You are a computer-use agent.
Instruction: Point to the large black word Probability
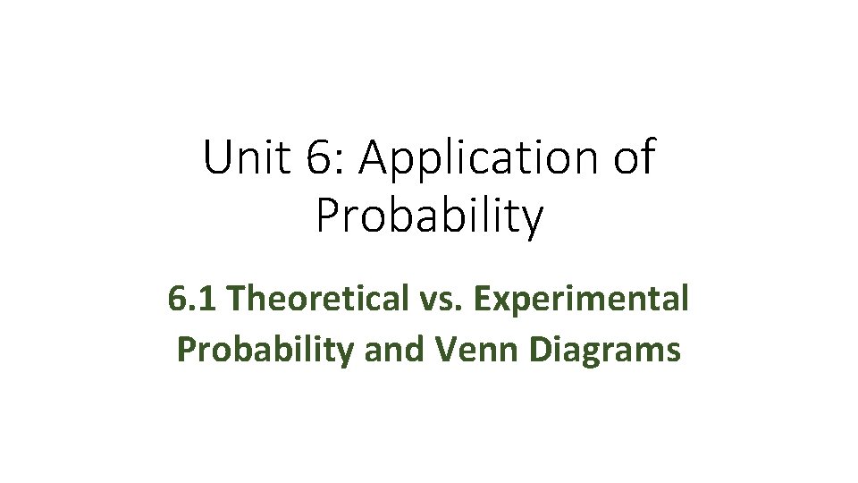pos(429,217)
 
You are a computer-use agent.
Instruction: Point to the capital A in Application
pos(380,158)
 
